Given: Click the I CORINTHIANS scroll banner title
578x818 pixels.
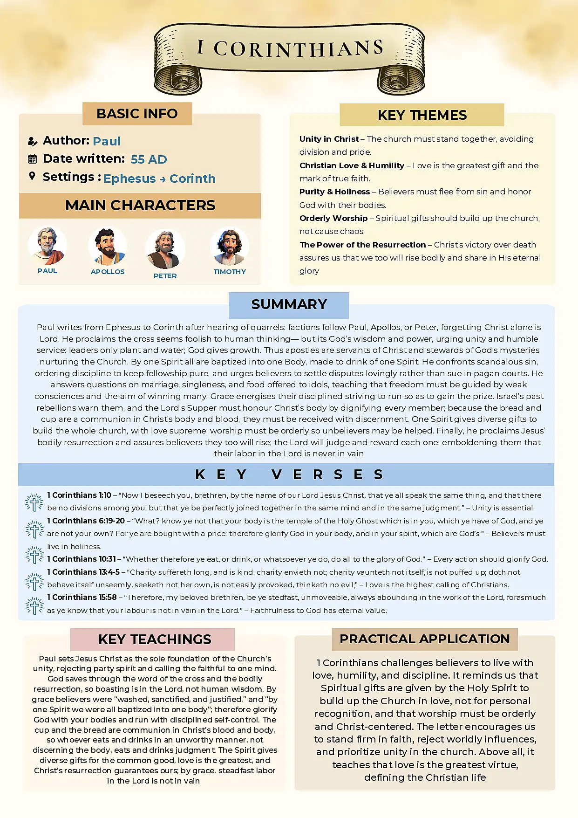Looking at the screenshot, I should pyautogui.click(x=290, y=48).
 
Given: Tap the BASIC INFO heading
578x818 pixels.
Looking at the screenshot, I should pyautogui.click(x=137, y=114).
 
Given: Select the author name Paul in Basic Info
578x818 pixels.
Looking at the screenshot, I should pyautogui.click(x=107, y=141).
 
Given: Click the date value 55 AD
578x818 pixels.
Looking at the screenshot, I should pyautogui.click(x=149, y=159).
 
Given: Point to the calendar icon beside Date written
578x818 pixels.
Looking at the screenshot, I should pyautogui.click(x=32, y=159).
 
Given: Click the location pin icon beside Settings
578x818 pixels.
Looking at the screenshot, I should pyautogui.click(x=32, y=176).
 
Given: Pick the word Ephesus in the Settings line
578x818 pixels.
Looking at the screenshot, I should pyautogui.click(x=129, y=179).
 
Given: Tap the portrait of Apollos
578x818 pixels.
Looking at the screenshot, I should pyautogui.click(x=108, y=247).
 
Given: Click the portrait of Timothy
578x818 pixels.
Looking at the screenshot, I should pyautogui.click(x=229, y=247).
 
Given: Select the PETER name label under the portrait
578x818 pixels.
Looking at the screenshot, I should pyautogui.click(x=165, y=276).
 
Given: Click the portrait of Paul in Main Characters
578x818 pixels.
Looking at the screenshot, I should pyautogui.click(x=47, y=246).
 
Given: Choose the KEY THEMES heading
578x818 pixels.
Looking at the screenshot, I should pyautogui.click(x=422, y=115).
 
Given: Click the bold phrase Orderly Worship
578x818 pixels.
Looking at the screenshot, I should pyautogui.click(x=333, y=218).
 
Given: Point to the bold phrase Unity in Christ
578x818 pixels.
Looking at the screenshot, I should pyautogui.click(x=329, y=139).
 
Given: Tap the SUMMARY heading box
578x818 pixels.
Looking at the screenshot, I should pyautogui.click(x=289, y=305).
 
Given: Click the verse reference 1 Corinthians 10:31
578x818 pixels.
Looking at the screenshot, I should pyautogui.click(x=82, y=559).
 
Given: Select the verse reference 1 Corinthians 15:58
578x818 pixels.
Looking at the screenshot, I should pyautogui.click(x=82, y=597).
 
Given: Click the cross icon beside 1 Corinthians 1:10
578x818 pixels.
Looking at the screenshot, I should pyautogui.click(x=34, y=502).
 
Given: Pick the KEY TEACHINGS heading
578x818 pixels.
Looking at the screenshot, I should pyautogui.click(x=155, y=639).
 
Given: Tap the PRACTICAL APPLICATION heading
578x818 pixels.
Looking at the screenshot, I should pyautogui.click(x=424, y=639).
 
